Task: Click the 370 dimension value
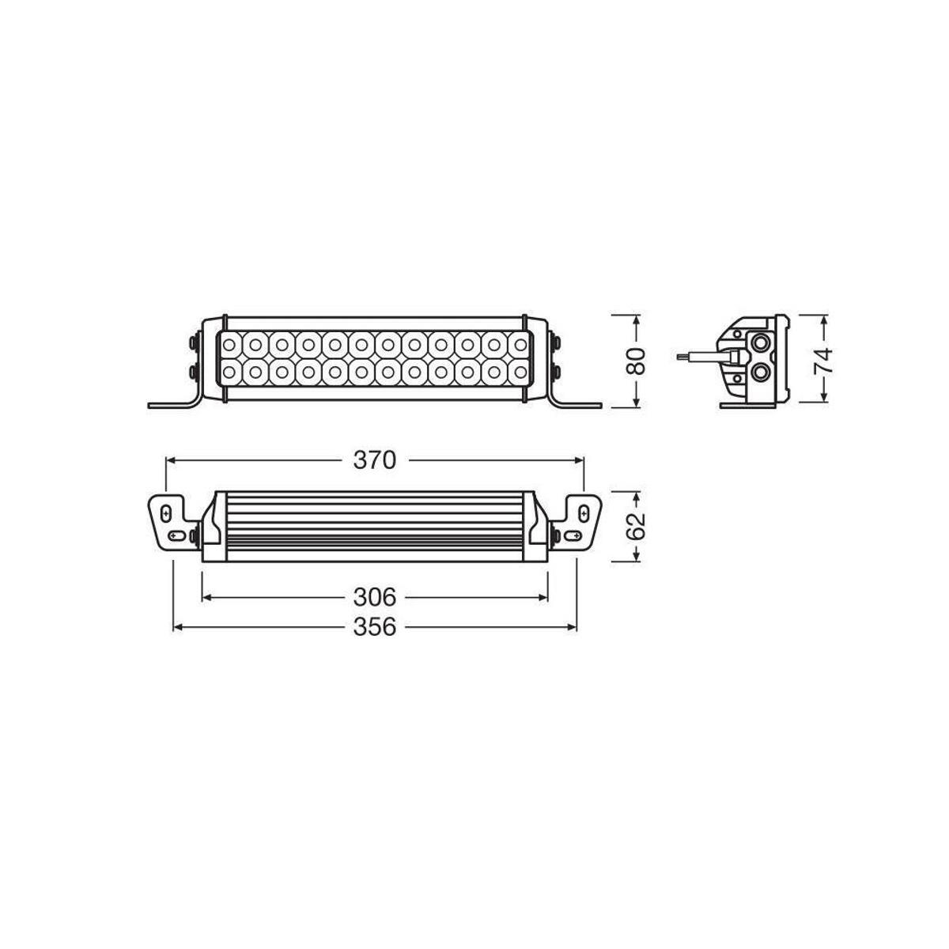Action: click(374, 459)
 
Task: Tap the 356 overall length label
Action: click(375, 627)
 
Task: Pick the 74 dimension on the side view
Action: click(824, 360)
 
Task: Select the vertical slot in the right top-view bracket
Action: click(584, 512)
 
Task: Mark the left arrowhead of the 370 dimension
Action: click(169, 459)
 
